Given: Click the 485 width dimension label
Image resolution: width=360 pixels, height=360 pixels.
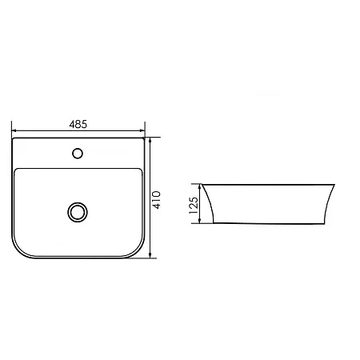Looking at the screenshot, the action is click(78, 124).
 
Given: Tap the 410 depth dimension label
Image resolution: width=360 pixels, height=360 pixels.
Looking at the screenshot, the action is click(157, 200).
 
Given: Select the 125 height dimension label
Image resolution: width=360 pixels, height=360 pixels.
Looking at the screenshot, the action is click(194, 205).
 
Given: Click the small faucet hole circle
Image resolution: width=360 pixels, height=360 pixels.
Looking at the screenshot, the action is click(78, 154).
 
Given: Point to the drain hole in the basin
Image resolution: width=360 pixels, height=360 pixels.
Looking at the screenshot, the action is click(78, 212).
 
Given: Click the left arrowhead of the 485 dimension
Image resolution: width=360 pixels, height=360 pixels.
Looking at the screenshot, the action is click(14, 130).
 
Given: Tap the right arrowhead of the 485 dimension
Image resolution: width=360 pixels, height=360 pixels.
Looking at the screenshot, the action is click(142, 130).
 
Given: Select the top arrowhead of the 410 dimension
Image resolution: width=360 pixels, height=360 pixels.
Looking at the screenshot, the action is click(150, 140).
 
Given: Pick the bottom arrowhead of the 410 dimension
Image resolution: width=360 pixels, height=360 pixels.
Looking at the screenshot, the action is click(150, 255).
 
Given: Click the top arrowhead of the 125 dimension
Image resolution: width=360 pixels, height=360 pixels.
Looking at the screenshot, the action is click(200, 186).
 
